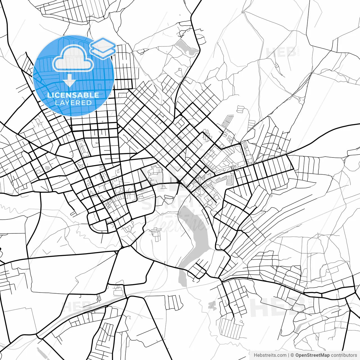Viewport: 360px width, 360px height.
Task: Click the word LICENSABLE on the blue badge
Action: pyautogui.click(x=73, y=95)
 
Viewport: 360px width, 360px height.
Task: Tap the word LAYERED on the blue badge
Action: pyautogui.click(x=73, y=103)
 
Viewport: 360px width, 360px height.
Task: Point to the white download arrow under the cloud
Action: pyautogui.click(x=69, y=81)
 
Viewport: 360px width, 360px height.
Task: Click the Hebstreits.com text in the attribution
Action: pyautogui.click(x=270, y=355)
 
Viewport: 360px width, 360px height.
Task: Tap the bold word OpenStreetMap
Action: pyautogui.click(x=312, y=355)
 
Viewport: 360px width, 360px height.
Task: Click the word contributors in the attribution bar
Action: pyautogui.click(x=344, y=355)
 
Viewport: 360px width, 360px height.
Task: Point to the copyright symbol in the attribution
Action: pyautogui.click(x=292, y=355)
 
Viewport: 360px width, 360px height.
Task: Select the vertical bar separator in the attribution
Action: pyautogui.click(x=289, y=355)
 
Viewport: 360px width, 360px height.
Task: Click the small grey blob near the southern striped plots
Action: pyautogui.click(x=212, y=305)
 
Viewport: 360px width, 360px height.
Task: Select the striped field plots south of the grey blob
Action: pyautogui.click(x=231, y=326)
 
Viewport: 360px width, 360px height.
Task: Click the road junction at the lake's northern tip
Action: pyautogui.click(x=179, y=183)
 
